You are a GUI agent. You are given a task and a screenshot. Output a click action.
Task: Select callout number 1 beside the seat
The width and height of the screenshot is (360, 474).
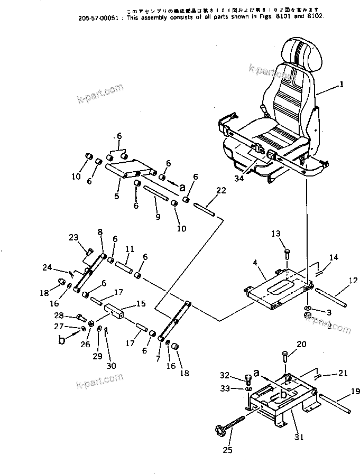click(341, 84)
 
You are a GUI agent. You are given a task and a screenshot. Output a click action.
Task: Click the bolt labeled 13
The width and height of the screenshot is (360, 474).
click(287, 253)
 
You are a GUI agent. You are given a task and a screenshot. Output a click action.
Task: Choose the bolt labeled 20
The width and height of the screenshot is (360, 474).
click(285, 357)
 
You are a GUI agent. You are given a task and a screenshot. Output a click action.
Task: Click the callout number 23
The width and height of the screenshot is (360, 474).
click(73, 237)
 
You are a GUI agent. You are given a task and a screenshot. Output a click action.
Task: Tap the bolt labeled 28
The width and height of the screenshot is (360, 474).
click(81, 318)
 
